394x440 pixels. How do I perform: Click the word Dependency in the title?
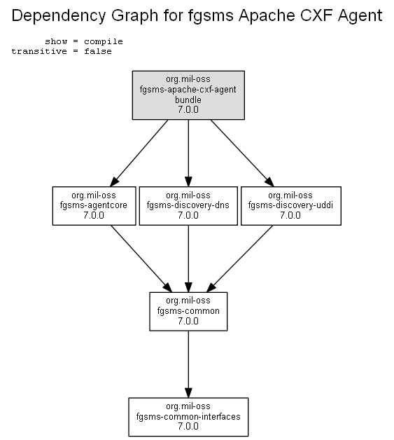click(x=59, y=15)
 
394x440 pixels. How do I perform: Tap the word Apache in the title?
click(x=267, y=15)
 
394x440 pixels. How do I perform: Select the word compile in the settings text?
click(x=104, y=42)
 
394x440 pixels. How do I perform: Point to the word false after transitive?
click(x=98, y=51)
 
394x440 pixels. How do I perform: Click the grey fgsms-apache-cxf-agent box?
click(x=188, y=95)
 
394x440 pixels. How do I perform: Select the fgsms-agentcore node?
click(x=94, y=206)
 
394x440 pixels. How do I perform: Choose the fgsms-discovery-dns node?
click(x=188, y=206)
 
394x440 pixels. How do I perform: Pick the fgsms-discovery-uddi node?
click(x=291, y=206)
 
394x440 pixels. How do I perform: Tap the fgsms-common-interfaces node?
click(x=188, y=417)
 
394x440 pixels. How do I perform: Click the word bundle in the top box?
click(x=188, y=99)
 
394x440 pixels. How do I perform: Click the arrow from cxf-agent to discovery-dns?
click(x=188, y=153)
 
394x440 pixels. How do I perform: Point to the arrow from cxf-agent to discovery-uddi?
click(x=242, y=153)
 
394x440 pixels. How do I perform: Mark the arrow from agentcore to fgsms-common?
click(x=141, y=259)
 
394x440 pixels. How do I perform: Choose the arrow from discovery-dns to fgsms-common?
click(x=188, y=259)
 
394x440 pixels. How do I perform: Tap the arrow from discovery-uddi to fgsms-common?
click(x=239, y=259)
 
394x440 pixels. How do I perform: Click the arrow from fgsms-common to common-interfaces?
click(x=188, y=364)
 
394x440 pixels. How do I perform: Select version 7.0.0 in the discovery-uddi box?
click(x=290, y=215)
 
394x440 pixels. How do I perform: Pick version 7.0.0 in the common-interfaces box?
click(x=188, y=426)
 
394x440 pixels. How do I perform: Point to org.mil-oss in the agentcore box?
click(x=94, y=195)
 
